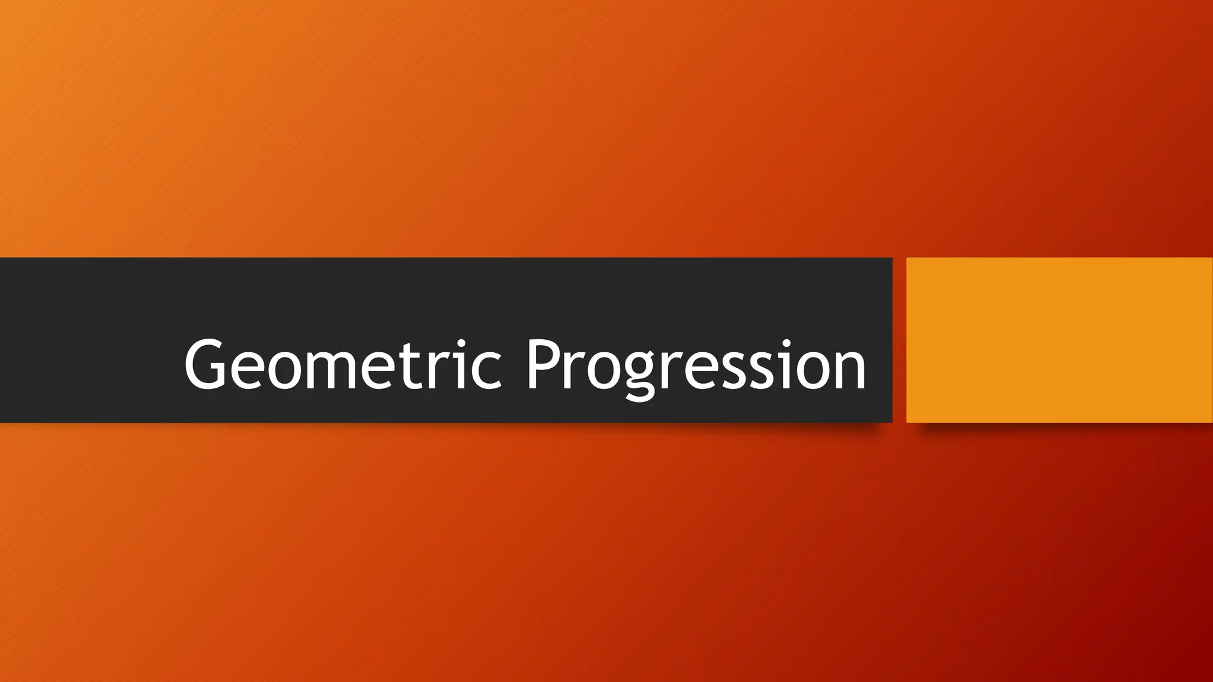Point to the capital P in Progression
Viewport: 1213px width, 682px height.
pyautogui.click(x=545, y=364)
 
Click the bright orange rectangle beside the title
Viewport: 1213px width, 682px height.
pyautogui.click(x=1059, y=340)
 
